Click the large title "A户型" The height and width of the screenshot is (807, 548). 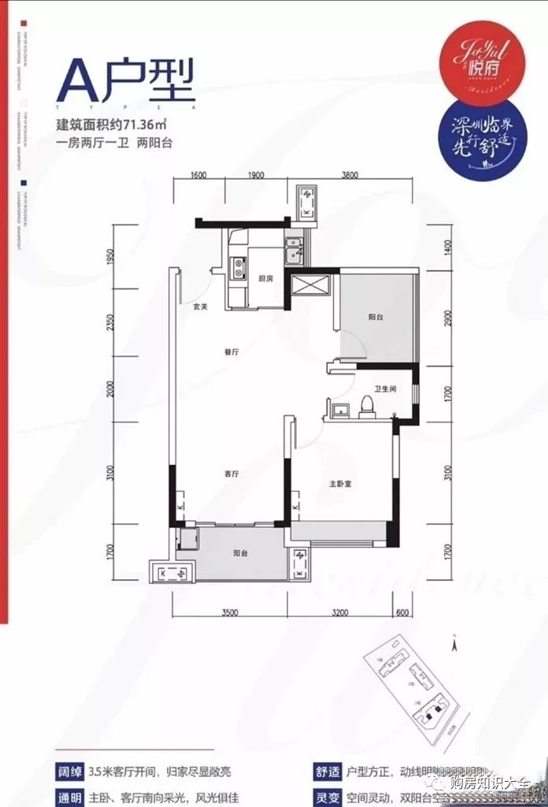tap(126, 83)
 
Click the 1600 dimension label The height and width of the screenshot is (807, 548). tap(198, 175)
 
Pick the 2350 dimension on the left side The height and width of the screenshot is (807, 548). tap(113, 325)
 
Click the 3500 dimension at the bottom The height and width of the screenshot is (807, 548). tap(229, 610)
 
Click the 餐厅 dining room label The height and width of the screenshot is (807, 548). tap(231, 352)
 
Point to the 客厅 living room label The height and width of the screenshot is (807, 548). tap(231, 474)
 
